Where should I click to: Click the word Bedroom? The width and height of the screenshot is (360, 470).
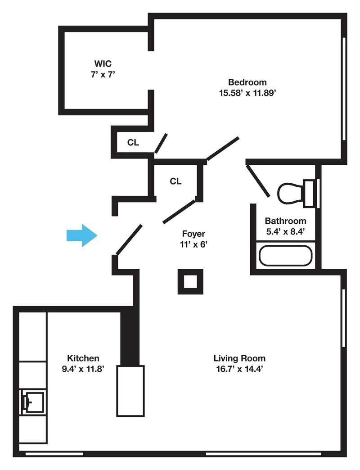247,82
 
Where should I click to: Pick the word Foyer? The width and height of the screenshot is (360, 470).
193,234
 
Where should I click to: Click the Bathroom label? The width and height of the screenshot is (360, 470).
285,221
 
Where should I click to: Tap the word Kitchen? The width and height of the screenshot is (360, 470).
83,358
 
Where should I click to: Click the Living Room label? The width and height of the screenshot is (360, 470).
239,358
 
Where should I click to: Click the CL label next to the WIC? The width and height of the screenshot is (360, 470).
133,143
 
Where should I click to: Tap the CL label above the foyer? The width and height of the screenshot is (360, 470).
175,181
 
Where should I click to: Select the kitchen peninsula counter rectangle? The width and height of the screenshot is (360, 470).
130,391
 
